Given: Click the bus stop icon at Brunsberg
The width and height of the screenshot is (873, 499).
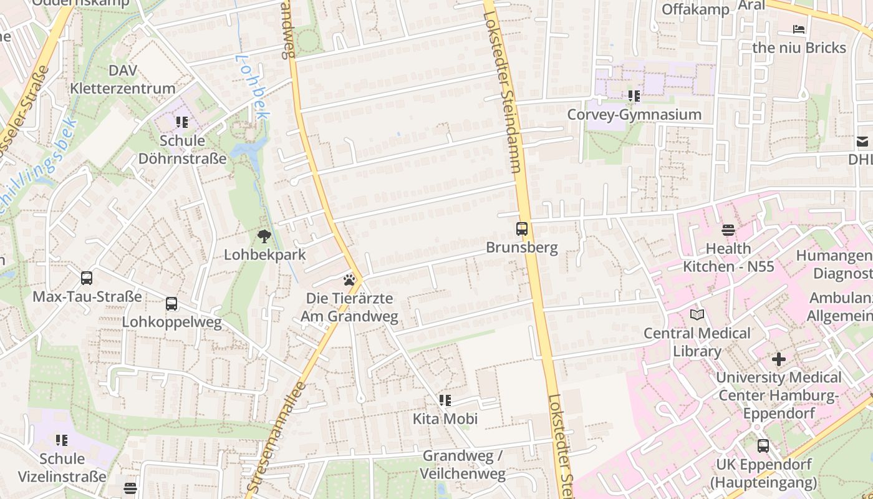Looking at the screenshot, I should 522,229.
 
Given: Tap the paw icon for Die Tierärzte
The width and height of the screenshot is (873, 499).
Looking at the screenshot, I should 349,280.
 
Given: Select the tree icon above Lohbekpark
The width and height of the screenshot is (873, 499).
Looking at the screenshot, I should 264,236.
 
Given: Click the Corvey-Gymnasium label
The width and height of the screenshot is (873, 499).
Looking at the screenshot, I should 634,115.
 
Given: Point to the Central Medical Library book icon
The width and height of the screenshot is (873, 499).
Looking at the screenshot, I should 697,315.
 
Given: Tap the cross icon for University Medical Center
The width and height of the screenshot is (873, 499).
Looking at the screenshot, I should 778,359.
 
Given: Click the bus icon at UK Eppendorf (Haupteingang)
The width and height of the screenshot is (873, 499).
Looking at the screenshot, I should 763,446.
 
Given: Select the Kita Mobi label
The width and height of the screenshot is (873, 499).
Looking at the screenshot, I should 445,419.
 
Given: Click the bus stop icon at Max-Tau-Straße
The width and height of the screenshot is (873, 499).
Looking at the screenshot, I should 87,278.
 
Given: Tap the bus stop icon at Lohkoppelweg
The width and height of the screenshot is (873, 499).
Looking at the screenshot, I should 171,304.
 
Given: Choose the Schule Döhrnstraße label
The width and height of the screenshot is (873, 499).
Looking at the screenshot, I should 182,150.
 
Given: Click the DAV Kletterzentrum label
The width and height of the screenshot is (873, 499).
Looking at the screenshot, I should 123,79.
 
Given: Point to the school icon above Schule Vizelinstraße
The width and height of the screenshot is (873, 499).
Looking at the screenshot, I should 62,440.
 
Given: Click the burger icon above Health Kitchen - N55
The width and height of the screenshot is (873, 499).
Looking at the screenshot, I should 728,230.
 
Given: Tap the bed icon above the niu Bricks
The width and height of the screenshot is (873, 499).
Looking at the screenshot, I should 799,29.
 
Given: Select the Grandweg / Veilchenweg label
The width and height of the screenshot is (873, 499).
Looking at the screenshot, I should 462,465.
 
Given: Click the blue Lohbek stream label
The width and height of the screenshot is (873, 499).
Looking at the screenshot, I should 252,86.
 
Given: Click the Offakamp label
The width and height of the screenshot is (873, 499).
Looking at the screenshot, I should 695,9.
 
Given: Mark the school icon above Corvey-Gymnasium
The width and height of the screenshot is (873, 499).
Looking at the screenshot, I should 634,96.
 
